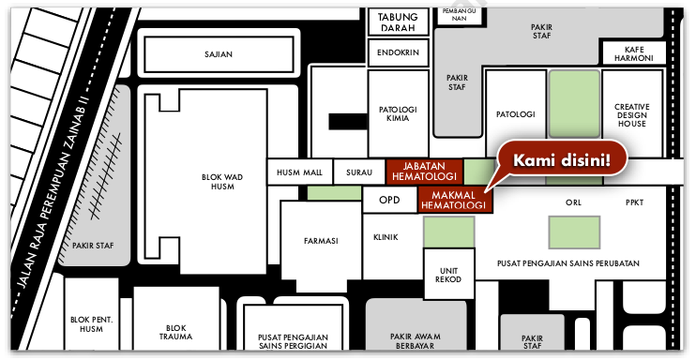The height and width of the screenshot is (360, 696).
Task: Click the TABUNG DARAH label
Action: pos(398,22)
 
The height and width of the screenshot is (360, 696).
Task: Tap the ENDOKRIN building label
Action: pos(398,52)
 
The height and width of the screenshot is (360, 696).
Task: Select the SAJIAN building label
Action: pos(219,54)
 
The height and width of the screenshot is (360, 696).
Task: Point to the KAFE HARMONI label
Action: pos(634,53)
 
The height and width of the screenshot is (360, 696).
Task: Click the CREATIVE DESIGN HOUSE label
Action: pos(632,115)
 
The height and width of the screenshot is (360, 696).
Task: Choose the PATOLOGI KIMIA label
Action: pos(398,113)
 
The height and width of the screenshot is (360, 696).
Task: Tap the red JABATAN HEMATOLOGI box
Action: pos(424,172)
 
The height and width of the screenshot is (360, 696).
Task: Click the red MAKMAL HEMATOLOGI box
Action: pos(455,200)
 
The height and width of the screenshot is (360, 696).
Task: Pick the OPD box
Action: pos(389,200)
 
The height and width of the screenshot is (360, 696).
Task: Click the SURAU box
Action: pos(359,172)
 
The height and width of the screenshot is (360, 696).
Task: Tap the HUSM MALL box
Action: pos(299,172)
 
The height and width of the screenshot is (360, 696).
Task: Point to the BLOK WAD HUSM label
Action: pos(222,182)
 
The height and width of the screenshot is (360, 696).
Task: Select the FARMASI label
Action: pos(321,241)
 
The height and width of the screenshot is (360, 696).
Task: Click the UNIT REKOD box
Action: pos(448,274)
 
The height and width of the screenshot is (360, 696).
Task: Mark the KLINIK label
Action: pos(386,237)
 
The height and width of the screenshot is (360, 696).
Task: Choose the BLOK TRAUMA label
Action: pos(175,333)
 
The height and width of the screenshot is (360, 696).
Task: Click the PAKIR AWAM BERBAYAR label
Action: pos(416,341)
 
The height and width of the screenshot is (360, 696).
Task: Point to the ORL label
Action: pos(573,202)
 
